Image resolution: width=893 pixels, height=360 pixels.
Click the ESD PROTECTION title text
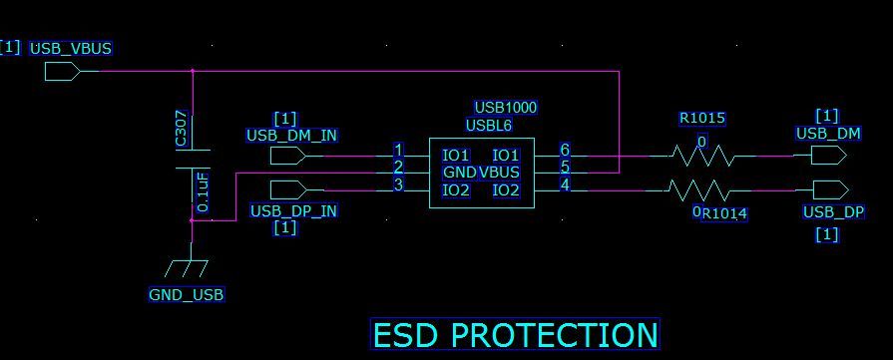click(515, 335)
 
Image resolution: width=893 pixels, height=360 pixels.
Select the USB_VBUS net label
click(71, 47)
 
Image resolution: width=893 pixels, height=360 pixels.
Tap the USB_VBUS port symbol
click(62, 71)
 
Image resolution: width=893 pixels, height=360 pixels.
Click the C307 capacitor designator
click(181, 131)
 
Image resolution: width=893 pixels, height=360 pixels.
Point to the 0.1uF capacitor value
click(203, 191)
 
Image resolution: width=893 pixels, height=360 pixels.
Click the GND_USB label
click(186, 294)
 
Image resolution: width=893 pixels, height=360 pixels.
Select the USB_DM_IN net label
click(290, 136)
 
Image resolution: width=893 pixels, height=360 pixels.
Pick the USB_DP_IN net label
click(292, 210)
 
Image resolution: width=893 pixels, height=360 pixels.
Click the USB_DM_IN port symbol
click(288, 156)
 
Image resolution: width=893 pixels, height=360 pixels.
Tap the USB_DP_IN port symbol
click(288, 189)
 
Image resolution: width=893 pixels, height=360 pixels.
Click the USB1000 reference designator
click(506, 107)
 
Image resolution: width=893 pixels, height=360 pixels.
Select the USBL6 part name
click(488, 125)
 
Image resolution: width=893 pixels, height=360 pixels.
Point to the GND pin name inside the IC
click(459, 173)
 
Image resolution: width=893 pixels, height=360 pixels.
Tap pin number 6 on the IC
click(565, 150)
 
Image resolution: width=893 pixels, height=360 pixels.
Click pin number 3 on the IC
click(398, 184)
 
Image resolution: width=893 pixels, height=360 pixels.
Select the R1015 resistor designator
click(701, 118)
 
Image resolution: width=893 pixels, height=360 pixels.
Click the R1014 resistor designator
click(724, 212)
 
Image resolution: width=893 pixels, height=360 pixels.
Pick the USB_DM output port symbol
click(828, 156)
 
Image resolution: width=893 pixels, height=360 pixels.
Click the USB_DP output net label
click(833, 212)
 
